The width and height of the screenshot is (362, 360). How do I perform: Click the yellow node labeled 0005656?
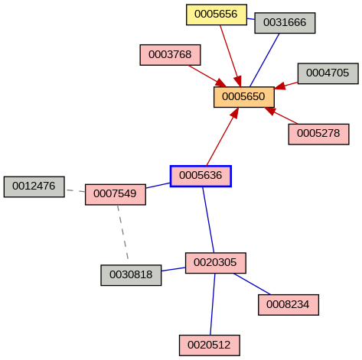217,15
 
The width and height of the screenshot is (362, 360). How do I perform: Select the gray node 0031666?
285,23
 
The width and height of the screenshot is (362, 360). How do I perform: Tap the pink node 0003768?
170,55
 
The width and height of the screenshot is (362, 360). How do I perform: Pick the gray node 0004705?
328,73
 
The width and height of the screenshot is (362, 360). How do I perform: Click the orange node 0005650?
243,97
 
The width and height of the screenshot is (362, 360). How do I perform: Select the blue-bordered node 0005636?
201,176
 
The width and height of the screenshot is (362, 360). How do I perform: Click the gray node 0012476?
34,186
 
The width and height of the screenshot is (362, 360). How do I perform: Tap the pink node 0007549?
116,194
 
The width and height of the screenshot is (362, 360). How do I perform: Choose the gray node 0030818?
131,275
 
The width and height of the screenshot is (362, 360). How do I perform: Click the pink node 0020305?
215,263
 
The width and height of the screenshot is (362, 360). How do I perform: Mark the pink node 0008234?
289,304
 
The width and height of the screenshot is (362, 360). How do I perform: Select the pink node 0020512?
210,345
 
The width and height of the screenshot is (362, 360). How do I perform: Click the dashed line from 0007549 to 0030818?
122,233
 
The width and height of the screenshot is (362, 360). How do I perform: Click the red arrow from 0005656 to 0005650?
230,54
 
